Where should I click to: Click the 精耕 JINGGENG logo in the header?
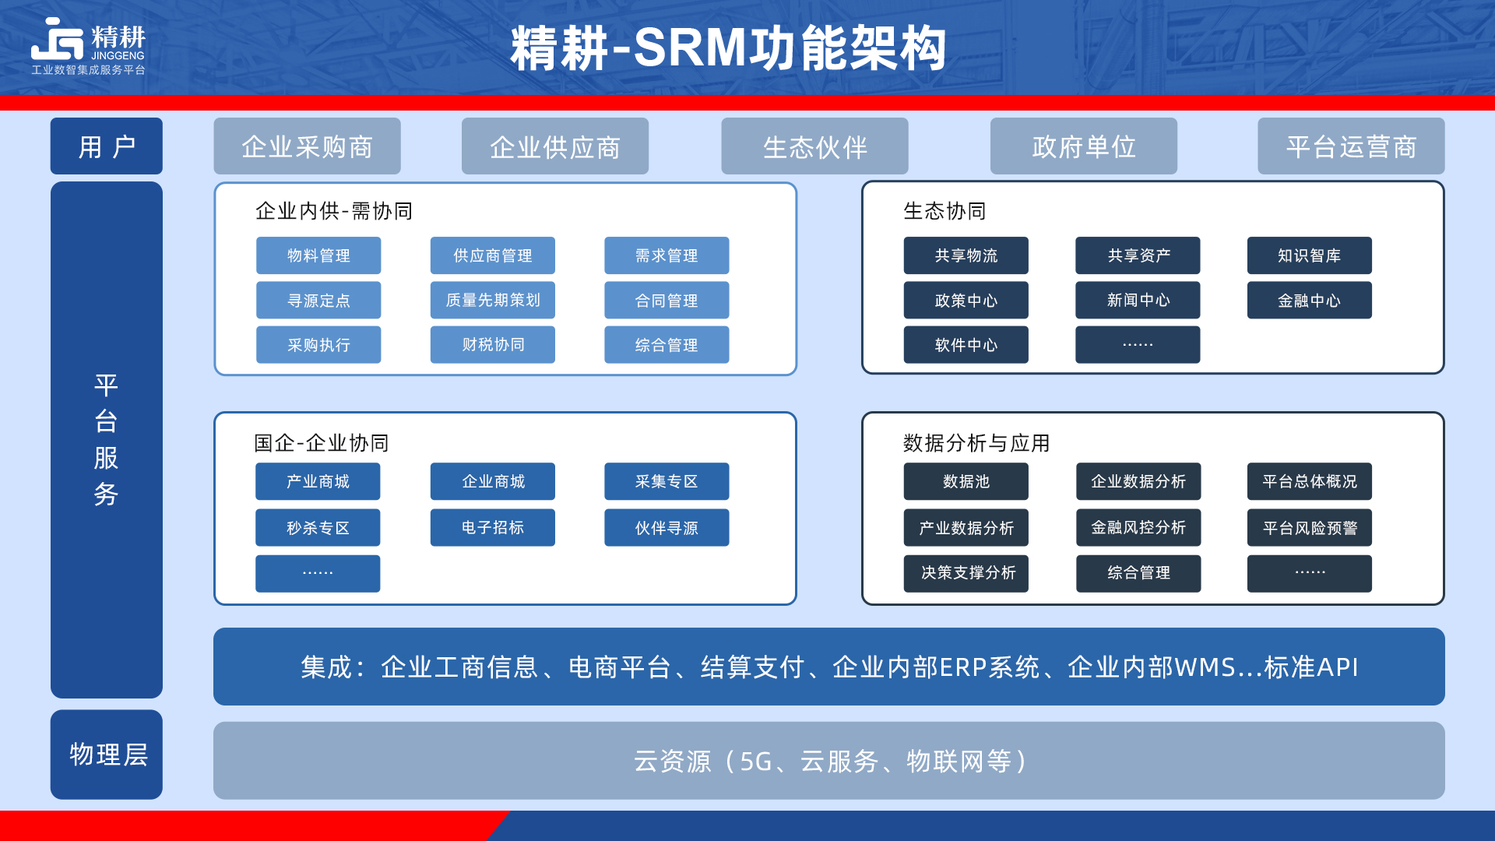coord(88,46)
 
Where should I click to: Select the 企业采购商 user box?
coord(307,146)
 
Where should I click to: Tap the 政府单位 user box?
coord(1083,146)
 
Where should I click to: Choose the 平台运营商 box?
coord(1351,146)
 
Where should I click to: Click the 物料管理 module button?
coord(318,255)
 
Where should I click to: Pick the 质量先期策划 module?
coord(493,300)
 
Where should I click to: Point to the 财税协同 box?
coord(493,344)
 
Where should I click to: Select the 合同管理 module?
coord(667,300)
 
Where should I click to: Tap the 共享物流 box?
coord(966,255)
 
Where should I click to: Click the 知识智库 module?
coord(1309,255)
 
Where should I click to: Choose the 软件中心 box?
coord(966,344)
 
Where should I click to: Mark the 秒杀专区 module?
coord(318,527)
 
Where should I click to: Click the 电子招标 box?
coord(493,527)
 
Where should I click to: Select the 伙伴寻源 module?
coord(667,527)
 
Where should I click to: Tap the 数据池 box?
coord(966,481)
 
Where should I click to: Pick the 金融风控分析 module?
coord(1138,527)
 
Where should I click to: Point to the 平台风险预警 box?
coord(1309,527)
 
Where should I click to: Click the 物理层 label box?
coord(107,754)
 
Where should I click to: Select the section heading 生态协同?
coord(944,211)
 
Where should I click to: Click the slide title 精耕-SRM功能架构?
coord(728,48)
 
